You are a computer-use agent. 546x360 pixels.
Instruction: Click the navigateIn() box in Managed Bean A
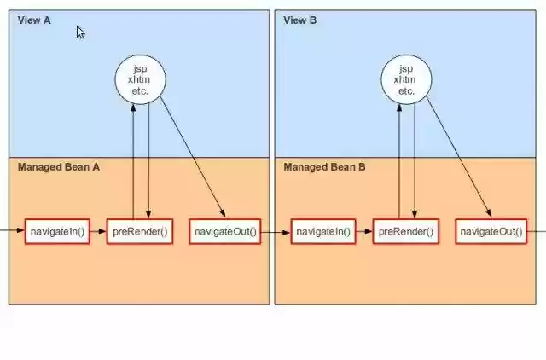57,231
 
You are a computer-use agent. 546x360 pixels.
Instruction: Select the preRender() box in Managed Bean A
140,231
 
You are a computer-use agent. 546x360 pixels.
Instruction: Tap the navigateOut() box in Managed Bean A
225,231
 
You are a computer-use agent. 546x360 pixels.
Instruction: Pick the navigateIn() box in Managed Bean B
322,231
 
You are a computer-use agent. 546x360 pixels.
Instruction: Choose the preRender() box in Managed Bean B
405,231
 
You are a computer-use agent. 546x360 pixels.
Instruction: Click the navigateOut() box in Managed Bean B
491,231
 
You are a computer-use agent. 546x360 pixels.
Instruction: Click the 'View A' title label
34,20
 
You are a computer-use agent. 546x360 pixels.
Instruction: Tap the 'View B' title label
299,20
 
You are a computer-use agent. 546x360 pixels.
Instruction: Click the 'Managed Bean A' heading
59,167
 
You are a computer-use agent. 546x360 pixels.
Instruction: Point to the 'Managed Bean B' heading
324,167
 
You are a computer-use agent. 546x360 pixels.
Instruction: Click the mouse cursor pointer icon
80,32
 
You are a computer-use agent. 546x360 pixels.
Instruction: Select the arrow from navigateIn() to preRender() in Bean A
97,231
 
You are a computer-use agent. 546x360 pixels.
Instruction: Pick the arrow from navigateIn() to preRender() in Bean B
363,231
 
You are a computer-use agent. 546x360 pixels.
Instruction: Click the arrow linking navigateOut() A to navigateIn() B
276,231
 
